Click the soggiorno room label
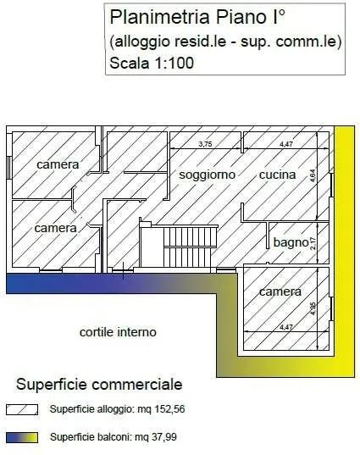click(207, 175)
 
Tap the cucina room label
click(277, 175)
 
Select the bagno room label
click(291, 242)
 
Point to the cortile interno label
click(118, 332)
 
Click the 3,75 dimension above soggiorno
click(206, 144)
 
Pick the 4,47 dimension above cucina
click(286, 144)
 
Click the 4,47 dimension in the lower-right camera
click(286, 327)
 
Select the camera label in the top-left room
click(58, 165)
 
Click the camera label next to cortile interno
click(280, 291)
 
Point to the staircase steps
click(190, 247)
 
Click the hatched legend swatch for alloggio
click(22, 409)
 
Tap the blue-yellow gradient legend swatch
click(22, 437)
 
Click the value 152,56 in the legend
click(169, 409)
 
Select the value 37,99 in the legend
click(163, 436)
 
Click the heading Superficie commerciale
click(99, 385)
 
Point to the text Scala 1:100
click(152, 63)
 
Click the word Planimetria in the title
click(159, 17)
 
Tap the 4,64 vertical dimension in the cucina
click(313, 176)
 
